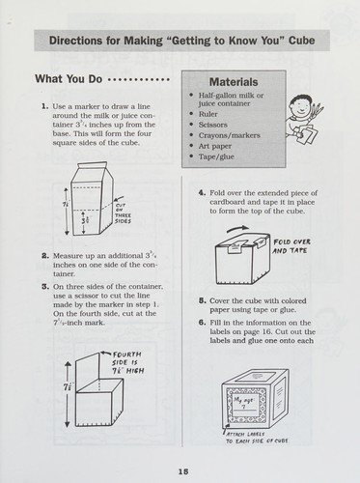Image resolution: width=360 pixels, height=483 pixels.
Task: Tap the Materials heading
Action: click(234, 82)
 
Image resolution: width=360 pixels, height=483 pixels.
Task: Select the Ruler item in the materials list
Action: click(208, 114)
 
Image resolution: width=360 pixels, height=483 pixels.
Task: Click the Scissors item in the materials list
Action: click(212, 125)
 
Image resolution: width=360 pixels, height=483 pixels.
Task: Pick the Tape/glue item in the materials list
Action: click(216, 156)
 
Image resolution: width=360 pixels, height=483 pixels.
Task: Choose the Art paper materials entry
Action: click(215, 146)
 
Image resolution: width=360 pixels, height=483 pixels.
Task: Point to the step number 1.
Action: click(45, 106)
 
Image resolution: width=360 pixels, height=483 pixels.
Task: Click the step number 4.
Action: click(202, 193)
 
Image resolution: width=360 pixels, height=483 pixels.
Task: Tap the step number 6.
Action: click(202, 323)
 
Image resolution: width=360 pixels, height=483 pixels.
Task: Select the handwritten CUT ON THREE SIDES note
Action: click(123, 213)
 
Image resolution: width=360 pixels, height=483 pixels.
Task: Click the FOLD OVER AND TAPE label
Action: click(291, 246)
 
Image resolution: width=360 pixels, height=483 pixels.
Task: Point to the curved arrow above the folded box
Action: click(237, 228)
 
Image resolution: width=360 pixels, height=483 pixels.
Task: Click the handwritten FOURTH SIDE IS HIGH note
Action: click(127, 362)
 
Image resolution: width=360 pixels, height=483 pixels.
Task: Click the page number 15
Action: click(183, 471)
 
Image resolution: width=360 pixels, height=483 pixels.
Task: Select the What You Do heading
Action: click(69, 79)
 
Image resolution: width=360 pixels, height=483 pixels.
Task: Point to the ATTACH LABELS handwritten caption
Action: click(257, 438)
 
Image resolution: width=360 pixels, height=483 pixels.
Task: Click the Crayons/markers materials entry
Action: click(229, 135)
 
